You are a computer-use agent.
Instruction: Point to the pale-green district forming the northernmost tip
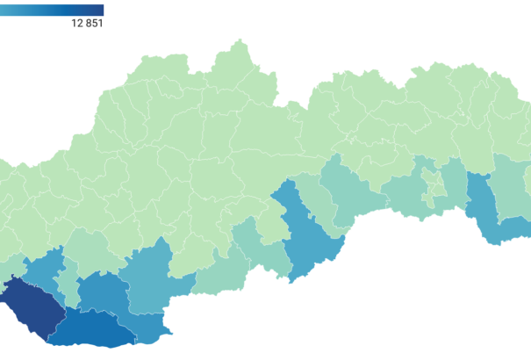[238, 58]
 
